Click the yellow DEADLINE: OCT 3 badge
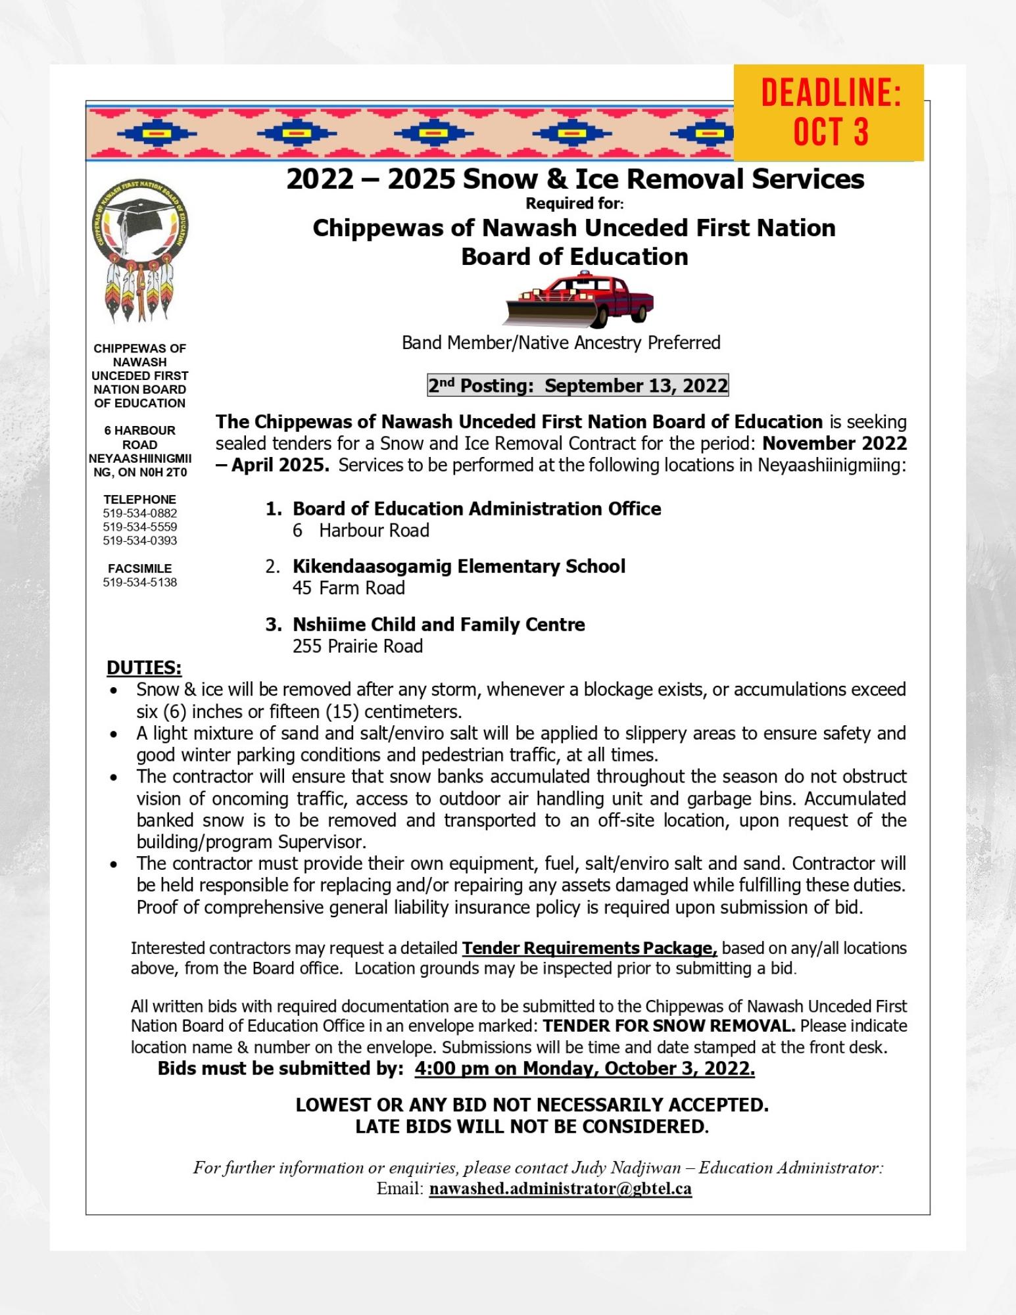coord(829,112)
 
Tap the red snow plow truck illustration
coord(578,300)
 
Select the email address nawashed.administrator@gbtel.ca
coord(560,1189)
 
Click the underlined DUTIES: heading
coord(144,667)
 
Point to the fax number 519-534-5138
coord(139,582)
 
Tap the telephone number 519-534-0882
coord(139,513)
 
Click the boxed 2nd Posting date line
coord(577,385)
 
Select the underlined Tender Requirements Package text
coord(589,948)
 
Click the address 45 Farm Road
coord(349,588)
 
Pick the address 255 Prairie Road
coord(358,646)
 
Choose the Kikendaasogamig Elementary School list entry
coord(458,566)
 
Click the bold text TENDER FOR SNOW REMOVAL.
coord(669,1026)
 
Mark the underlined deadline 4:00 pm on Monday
coord(584,1068)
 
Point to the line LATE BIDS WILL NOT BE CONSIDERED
coord(531,1126)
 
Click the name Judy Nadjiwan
coord(624,1167)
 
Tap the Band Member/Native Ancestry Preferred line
coord(561,343)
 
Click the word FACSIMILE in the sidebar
coord(139,568)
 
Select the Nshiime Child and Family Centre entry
coord(439,624)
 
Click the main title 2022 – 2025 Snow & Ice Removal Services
coord(575,179)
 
